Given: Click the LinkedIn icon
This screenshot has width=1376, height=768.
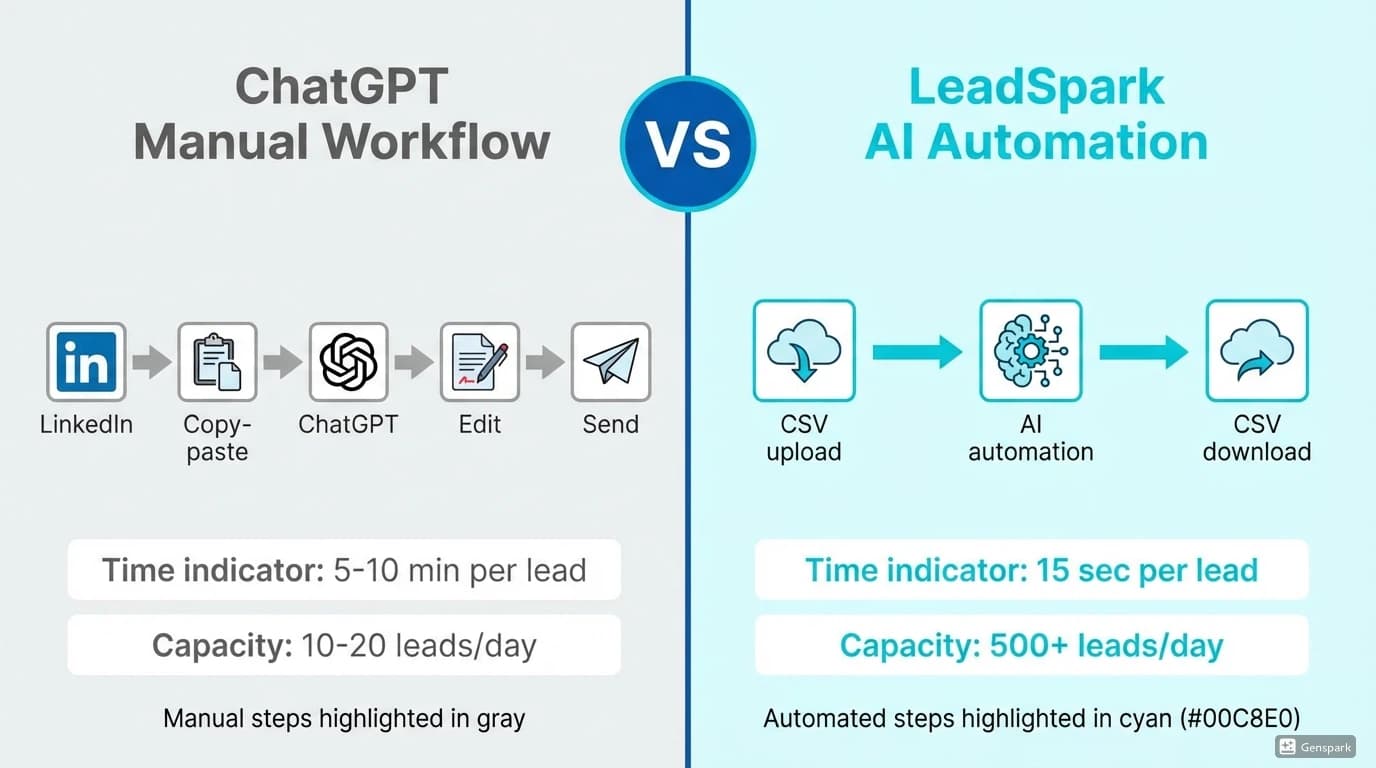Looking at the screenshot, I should pos(86,362).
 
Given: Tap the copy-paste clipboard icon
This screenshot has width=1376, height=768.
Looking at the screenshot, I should pos(217,362).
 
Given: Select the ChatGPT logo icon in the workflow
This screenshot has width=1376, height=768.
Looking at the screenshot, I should pos(348,362).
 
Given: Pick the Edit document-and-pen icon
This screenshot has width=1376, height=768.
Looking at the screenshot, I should pos(479,362).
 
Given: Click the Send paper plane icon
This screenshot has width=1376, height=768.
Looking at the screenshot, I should pos(610,362).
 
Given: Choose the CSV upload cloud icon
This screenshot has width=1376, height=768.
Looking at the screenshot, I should pos(803,351).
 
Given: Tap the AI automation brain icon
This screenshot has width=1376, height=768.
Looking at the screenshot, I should pos(1030,351).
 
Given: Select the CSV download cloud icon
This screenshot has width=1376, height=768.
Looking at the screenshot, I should pos(1257,351).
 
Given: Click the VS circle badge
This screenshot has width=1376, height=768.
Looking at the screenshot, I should pos(688,143).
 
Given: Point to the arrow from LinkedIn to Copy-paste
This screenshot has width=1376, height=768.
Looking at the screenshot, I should pos(152,362).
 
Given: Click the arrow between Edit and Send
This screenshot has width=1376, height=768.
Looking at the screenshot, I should pos(545,362).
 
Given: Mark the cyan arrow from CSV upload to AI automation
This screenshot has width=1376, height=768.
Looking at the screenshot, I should pos(916,351).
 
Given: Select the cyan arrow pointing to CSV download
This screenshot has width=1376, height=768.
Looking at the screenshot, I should pos(1143,351).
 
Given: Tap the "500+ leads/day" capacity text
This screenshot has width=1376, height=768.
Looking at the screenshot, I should pos(1106,645).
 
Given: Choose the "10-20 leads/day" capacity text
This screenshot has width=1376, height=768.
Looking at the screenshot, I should pos(418,645).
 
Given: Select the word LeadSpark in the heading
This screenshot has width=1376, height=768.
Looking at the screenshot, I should pos(1036,88).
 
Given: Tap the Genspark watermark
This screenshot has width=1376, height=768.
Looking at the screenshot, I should pos(1315,747).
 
